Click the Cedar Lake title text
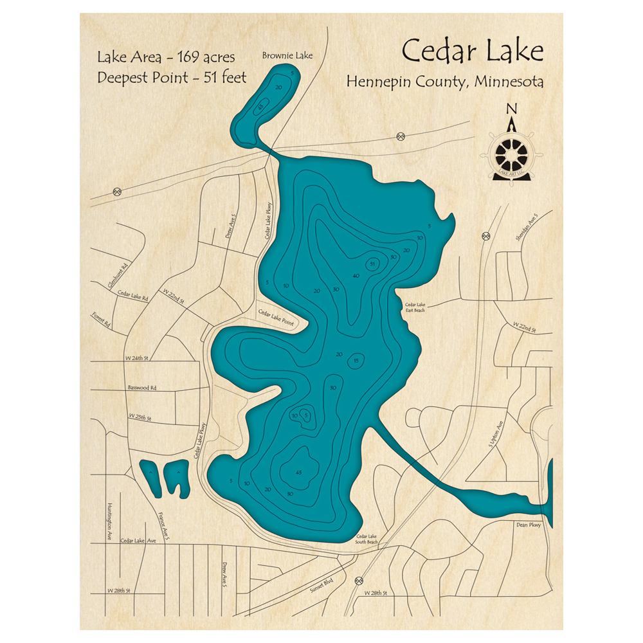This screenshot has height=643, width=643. tap(473, 51)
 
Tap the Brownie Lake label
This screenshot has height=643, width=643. tap(287, 56)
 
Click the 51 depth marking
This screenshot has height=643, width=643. tap(372, 264)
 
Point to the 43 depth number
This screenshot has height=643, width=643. tap(298, 473)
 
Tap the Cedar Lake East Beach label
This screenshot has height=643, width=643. tap(415, 307)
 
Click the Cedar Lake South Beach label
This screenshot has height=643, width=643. tap(367, 539)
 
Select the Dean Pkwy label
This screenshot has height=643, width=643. tap(529, 525)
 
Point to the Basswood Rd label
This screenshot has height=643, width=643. tap(142, 388)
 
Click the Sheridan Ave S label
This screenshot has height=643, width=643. tap(525, 230)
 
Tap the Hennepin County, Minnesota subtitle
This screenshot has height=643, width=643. tap(445, 82)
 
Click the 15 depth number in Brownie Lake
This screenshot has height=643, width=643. tap(260, 108)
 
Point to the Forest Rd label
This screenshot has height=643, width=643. tap(101, 320)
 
